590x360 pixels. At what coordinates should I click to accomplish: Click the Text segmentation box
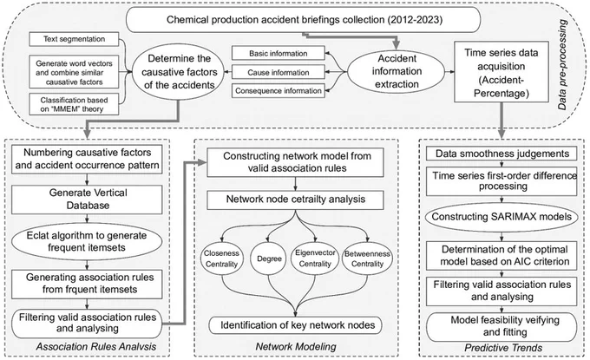tap(74, 39)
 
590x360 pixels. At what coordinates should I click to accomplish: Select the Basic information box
tap(278, 54)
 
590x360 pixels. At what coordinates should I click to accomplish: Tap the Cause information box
tap(278, 72)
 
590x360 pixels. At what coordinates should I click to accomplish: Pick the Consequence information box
tap(278, 91)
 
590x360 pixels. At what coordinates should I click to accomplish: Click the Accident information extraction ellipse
tap(397, 71)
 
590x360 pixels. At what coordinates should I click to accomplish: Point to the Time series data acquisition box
tap(501, 72)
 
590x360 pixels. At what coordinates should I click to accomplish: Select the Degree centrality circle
tap(270, 259)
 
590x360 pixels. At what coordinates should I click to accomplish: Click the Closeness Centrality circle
tap(221, 259)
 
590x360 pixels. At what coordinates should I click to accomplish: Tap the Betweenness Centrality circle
tap(367, 259)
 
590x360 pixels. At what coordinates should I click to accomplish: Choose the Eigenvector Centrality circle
tap(315, 259)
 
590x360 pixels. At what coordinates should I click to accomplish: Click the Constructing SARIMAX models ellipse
tap(501, 217)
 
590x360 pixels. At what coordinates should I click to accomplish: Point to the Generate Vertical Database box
tap(87, 200)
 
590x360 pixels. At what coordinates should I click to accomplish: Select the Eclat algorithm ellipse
tap(87, 242)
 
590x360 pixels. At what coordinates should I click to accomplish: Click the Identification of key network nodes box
tap(295, 325)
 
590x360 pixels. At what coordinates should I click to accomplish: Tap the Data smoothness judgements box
tap(501, 154)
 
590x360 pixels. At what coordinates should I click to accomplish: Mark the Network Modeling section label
tap(296, 346)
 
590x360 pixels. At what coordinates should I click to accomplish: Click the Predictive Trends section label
tap(503, 348)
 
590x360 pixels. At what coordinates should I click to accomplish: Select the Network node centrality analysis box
tap(295, 200)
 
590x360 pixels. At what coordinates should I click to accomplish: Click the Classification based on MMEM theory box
tap(74, 105)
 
